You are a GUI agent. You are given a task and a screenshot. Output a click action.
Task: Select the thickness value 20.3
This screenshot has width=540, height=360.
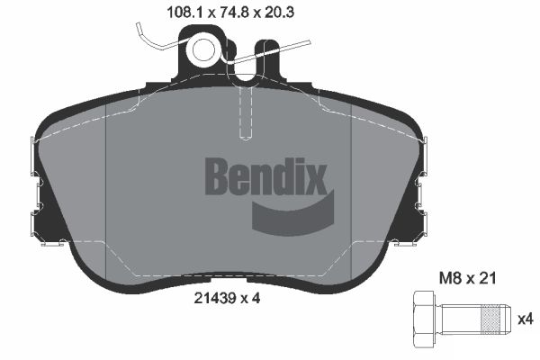point(252,12)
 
